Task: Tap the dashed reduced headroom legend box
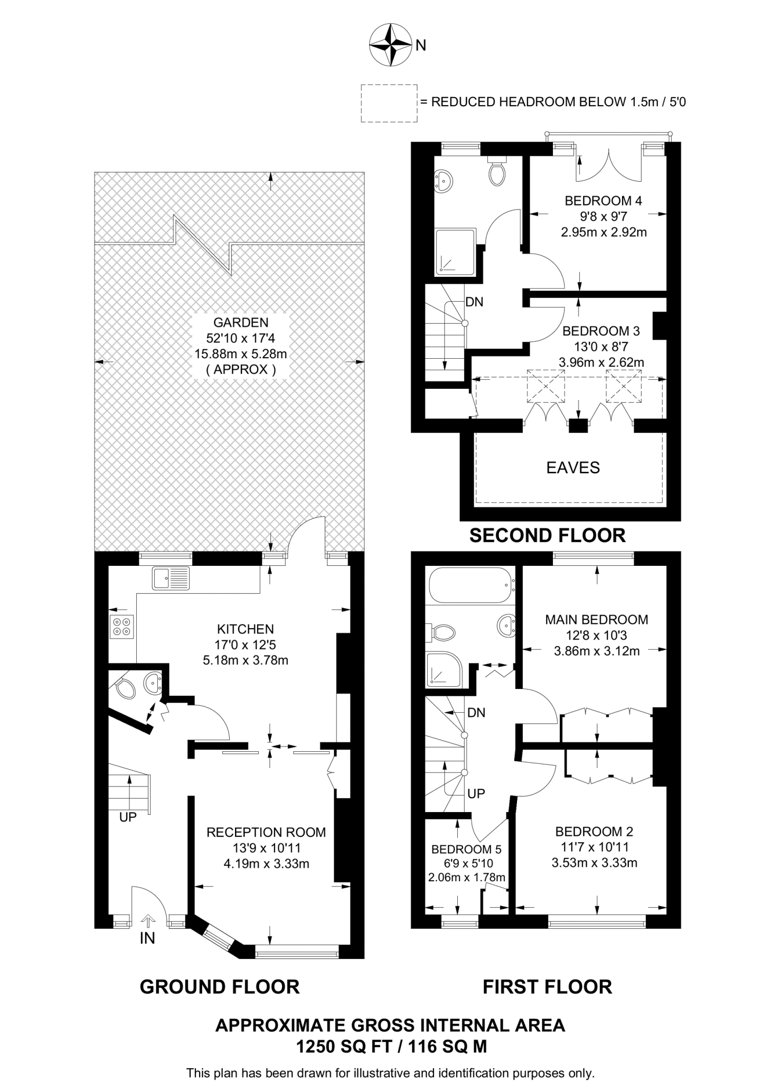(x=389, y=103)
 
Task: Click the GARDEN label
(x=241, y=322)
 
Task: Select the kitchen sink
(x=171, y=578)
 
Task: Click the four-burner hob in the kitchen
(x=121, y=627)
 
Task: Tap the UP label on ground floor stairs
(x=128, y=817)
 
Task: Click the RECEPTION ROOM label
(x=266, y=833)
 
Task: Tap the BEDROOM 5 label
(x=466, y=850)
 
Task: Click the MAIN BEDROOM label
(x=597, y=619)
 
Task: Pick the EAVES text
(x=573, y=468)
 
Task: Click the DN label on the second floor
(x=474, y=302)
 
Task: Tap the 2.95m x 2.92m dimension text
(x=604, y=232)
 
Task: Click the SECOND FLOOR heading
(x=548, y=536)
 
